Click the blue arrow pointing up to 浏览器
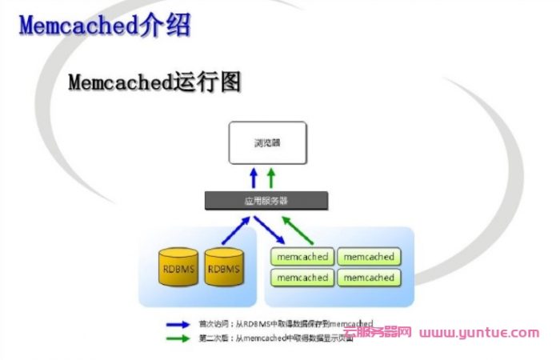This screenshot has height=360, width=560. tap(254, 177)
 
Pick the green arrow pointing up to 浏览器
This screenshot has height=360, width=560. tap(270, 177)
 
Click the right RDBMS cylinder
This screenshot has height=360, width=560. tap(223, 269)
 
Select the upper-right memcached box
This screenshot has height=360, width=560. tap(367, 258)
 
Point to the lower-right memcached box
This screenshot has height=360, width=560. tap(367, 278)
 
